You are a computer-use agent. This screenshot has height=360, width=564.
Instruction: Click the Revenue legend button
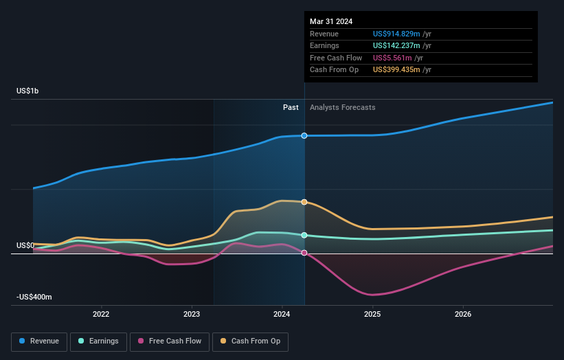point(39,341)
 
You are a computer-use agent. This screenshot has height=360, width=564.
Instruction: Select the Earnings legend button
point(99,341)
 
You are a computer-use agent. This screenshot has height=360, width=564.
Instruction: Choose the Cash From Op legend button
point(251,341)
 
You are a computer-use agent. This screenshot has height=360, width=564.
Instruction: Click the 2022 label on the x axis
point(101,315)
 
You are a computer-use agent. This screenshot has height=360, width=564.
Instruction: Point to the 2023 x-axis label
point(192,315)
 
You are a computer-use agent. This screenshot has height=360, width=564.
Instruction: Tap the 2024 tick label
point(282,315)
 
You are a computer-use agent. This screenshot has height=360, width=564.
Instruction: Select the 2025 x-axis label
point(372,315)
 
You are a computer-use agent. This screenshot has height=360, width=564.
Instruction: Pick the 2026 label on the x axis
point(463,315)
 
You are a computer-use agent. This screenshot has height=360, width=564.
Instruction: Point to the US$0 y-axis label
point(25,245)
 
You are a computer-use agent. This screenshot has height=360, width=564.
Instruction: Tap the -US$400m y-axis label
point(34,297)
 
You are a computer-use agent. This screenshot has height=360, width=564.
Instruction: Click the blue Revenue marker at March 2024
point(304,135)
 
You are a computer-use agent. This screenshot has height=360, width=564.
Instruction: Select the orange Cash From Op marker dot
point(304,202)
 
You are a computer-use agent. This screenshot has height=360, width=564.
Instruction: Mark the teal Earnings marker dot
point(304,235)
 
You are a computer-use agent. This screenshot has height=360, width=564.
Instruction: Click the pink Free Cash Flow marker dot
point(304,253)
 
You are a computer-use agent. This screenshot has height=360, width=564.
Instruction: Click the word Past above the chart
point(291,107)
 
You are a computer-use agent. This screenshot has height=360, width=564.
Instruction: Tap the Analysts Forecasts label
point(343,107)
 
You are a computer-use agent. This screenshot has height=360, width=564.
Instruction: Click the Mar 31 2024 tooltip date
point(331,21)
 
